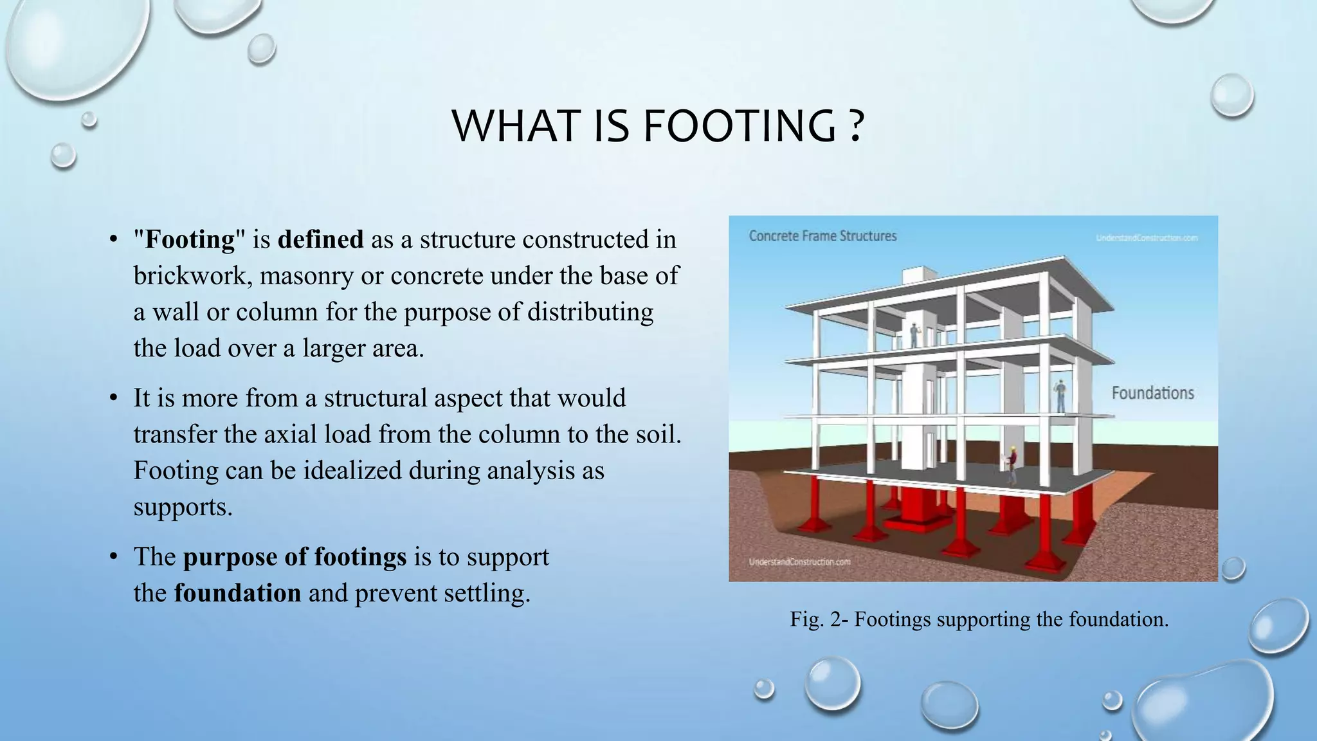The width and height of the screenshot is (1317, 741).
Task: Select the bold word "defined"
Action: [x=320, y=239]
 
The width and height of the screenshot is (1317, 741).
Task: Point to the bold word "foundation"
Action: [x=237, y=592]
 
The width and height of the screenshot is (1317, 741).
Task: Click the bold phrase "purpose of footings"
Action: [x=295, y=556]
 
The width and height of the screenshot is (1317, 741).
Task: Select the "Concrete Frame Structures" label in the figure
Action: [x=822, y=236]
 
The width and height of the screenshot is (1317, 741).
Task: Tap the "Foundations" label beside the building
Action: [x=1152, y=393]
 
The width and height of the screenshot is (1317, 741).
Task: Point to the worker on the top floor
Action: [x=914, y=334]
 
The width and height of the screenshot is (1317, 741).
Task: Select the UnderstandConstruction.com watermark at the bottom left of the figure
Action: [x=799, y=562]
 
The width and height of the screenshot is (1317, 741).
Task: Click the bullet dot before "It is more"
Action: [x=113, y=399]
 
